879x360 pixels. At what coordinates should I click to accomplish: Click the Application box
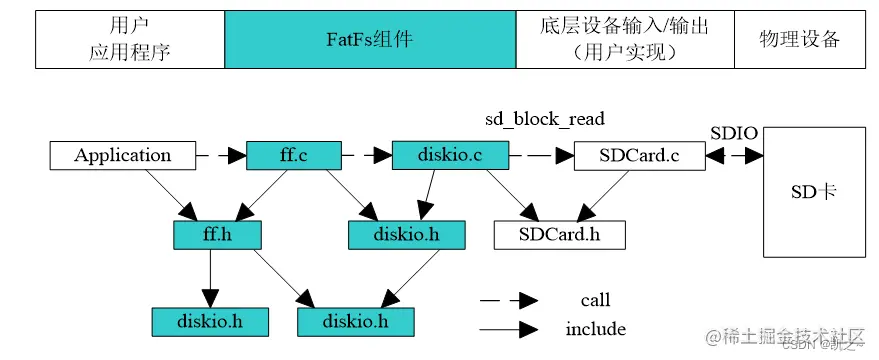122,155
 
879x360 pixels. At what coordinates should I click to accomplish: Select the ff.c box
292,155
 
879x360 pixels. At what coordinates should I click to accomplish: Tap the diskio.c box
449,155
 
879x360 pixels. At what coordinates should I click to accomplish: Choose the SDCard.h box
559,235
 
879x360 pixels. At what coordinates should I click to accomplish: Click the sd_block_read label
545,119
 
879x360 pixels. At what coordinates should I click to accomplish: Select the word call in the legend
595,300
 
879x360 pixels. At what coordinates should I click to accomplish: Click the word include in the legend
595,329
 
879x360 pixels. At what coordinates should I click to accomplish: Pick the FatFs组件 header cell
370,40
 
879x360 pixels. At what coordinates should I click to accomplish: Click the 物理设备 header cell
800,40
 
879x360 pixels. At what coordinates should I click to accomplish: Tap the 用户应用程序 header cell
130,40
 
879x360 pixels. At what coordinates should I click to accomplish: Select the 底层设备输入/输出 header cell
625,40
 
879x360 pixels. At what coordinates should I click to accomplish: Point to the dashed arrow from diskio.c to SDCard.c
540,155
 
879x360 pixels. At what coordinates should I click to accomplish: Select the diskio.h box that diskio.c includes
392,235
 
